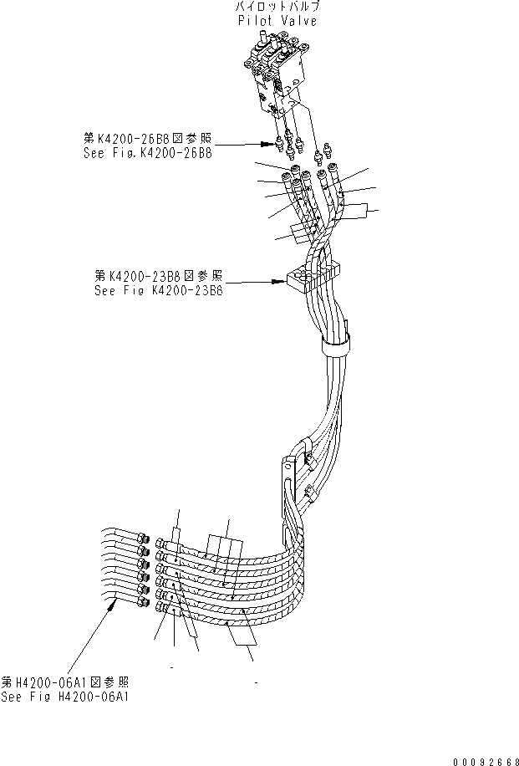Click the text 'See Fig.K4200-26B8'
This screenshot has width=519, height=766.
145,154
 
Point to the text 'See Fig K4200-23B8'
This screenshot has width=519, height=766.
159,290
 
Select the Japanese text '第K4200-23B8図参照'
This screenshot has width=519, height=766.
159,276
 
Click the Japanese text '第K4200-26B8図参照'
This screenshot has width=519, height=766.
145,140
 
